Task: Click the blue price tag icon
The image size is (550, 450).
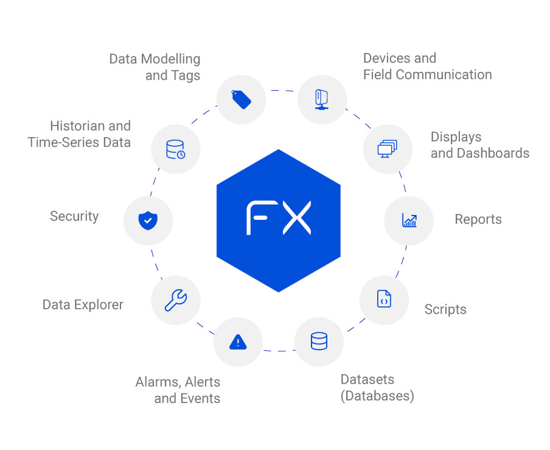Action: click(x=242, y=99)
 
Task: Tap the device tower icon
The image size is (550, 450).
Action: click(x=322, y=100)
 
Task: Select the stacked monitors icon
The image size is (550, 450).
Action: click(x=387, y=149)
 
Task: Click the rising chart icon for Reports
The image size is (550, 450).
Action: click(x=409, y=220)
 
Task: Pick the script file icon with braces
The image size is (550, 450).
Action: click(x=384, y=299)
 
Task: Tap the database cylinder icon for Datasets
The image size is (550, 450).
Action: click(x=319, y=341)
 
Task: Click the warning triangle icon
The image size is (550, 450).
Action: click(x=238, y=342)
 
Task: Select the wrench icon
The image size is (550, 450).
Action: click(x=176, y=300)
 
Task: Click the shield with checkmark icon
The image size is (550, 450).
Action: click(x=148, y=220)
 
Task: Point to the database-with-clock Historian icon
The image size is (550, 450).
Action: click(x=176, y=149)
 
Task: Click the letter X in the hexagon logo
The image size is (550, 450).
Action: click(x=297, y=217)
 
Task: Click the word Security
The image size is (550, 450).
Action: click(x=74, y=216)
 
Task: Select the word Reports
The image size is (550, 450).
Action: click(x=478, y=219)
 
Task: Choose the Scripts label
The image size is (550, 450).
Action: click(x=445, y=309)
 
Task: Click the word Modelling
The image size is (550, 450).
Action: click(x=170, y=59)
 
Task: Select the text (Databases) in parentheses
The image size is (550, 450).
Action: click(x=377, y=396)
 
